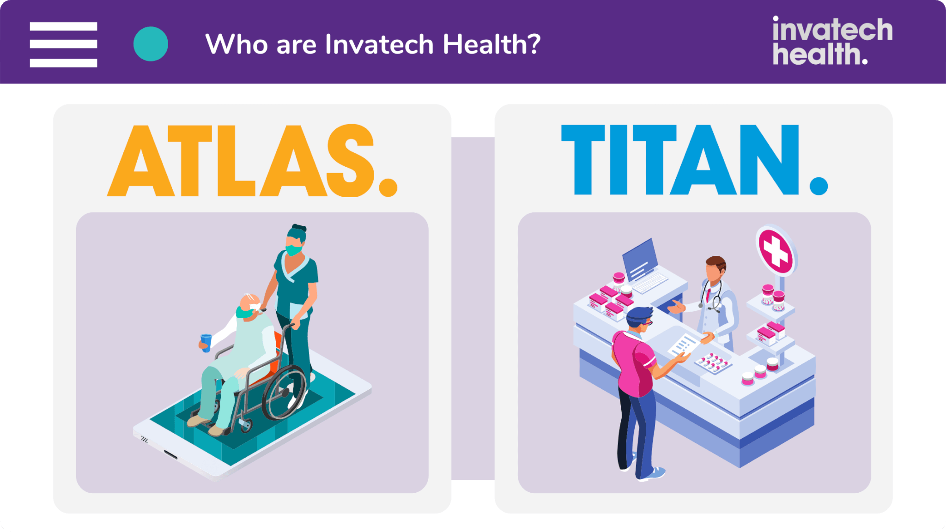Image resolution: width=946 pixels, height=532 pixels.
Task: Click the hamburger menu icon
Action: click(63, 44)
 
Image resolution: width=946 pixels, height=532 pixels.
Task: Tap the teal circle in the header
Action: click(151, 44)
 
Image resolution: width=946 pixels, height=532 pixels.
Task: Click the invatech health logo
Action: click(832, 41)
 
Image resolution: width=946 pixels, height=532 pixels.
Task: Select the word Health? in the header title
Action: click(491, 44)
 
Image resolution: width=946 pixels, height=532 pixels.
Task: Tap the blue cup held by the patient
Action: click(206, 343)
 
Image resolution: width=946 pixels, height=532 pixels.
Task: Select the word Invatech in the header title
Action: click(379, 44)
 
